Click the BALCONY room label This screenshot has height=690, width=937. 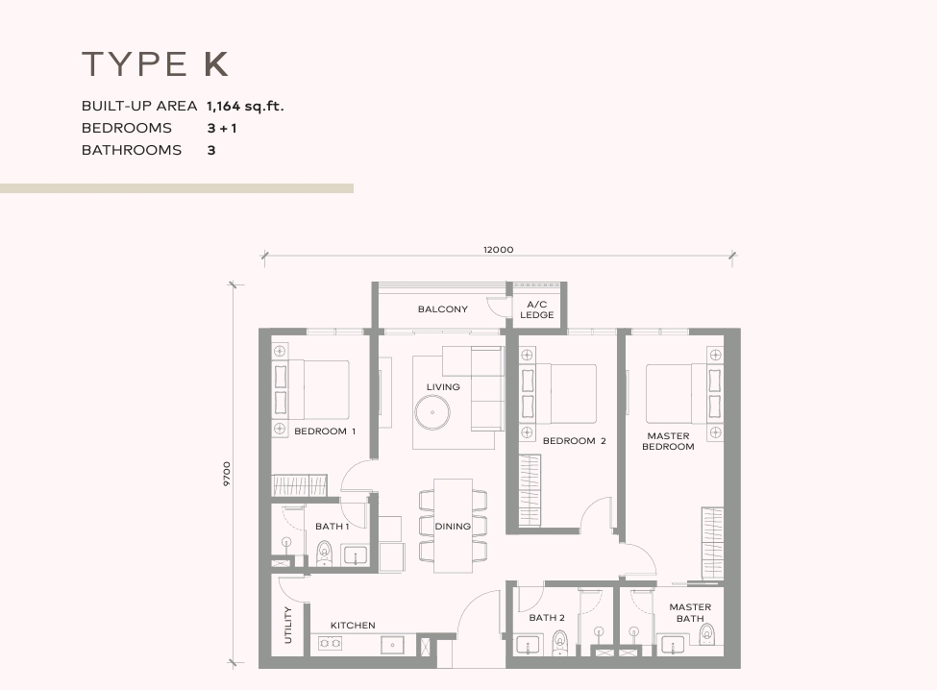(x=442, y=308)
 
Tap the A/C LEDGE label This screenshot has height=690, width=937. (x=536, y=309)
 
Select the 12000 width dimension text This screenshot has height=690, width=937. (x=499, y=250)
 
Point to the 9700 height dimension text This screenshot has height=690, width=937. (x=227, y=474)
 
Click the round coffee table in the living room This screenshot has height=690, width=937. (x=432, y=412)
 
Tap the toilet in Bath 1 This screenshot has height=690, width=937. (x=324, y=553)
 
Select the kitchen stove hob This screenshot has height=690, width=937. (x=330, y=644)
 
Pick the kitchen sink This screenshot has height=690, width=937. (x=393, y=645)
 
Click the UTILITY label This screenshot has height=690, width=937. (x=288, y=625)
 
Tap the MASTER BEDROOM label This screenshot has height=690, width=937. (x=668, y=441)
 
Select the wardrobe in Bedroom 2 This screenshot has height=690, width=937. (x=530, y=490)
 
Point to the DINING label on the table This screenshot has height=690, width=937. (x=453, y=527)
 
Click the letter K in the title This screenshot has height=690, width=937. (x=215, y=64)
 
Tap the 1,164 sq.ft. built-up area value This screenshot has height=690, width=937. (x=245, y=107)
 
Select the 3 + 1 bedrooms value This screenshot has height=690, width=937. (x=222, y=128)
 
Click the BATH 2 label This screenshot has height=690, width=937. (x=546, y=618)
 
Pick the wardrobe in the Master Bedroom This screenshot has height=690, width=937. (x=712, y=543)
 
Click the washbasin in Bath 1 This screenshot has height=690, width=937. (x=355, y=555)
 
